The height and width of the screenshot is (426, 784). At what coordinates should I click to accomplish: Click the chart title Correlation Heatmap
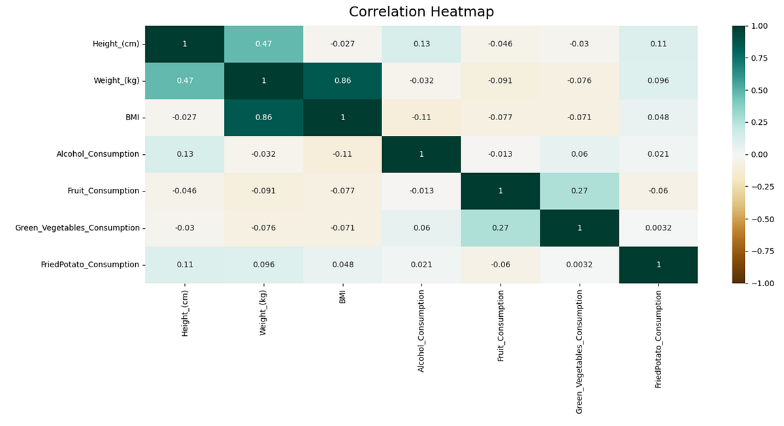click(421, 12)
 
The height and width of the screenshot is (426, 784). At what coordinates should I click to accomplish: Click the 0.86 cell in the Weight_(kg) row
click(342, 80)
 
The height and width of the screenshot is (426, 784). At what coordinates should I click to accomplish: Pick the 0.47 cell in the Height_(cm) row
click(263, 44)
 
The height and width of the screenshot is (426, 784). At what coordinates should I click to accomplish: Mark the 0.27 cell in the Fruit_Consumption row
click(579, 191)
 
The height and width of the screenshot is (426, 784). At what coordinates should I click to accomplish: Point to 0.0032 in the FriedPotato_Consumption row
click(579, 265)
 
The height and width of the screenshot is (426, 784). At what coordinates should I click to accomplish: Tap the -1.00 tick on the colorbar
click(758, 283)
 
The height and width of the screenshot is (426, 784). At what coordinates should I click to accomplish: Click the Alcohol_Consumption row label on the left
click(97, 154)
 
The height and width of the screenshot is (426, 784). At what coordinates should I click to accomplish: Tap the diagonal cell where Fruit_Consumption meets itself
click(500, 191)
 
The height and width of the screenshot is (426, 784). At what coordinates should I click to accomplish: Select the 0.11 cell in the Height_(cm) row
click(658, 44)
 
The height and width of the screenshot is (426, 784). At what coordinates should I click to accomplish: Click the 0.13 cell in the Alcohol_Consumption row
click(184, 154)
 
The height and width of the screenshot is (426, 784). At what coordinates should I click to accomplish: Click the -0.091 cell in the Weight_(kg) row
click(500, 80)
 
